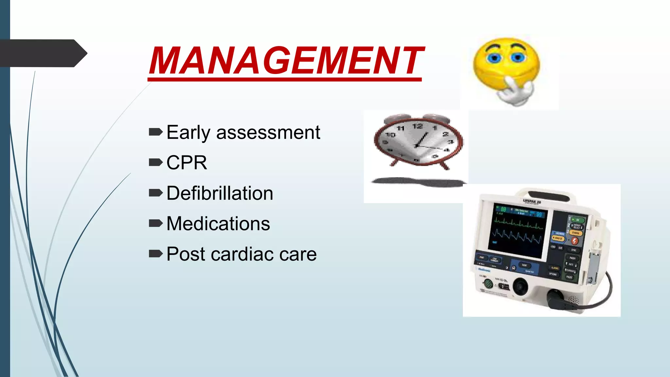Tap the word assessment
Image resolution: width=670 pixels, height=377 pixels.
coord(268,133)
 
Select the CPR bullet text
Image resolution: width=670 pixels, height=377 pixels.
coord(187,163)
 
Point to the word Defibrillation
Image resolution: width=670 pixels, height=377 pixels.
coord(220,193)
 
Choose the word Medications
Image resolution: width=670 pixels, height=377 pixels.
coord(218,224)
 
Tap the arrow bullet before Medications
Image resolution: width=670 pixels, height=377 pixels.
coord(155,224)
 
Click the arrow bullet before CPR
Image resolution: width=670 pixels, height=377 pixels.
coord(155,162)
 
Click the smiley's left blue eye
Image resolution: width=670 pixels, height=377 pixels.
coord(494,58)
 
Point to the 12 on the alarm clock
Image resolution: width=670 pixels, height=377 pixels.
coord(417,126)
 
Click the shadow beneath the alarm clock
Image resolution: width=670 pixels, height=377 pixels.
coord(419,182)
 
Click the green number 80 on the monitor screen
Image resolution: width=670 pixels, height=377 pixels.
coord(503,209)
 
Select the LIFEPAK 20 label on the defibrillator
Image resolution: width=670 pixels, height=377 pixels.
coord(532,202)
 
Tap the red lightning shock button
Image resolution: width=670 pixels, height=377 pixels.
coord(574,241)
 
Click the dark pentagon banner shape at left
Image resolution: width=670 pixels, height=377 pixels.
coord(43,53)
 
